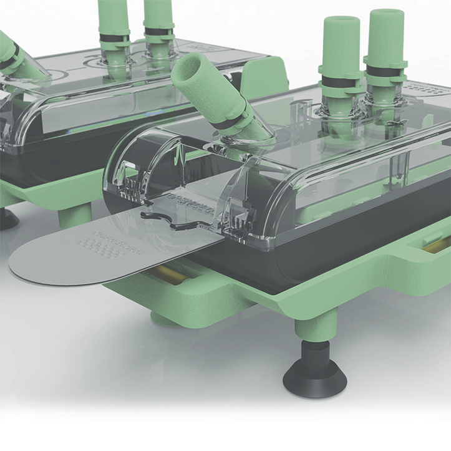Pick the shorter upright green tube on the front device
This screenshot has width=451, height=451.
341,44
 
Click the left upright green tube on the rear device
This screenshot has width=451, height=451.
114,19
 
